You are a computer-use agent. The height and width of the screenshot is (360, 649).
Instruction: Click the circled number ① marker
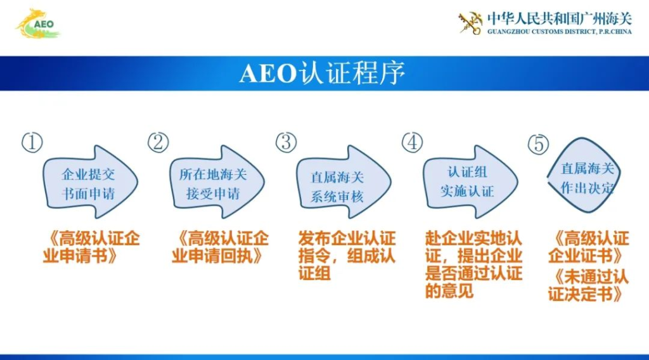click(32, 143)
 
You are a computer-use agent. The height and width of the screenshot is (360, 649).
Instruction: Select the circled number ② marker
click(158, 143)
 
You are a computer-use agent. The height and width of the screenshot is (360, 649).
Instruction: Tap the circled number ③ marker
click(286, 143)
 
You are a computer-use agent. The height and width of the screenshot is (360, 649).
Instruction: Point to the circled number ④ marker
click(412, 143)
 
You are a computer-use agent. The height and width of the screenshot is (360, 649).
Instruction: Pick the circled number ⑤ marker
click(539, 144)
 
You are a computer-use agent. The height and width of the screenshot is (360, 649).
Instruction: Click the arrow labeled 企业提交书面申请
click(90, 182)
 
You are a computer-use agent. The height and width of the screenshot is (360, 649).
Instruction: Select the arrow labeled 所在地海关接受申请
click(217, 182)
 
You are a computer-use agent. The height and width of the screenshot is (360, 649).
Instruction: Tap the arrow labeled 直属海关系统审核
click(344, 182)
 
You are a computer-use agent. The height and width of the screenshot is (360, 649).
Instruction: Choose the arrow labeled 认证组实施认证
click(470, 182)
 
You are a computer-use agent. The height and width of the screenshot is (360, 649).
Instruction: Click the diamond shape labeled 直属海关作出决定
click(584, 176)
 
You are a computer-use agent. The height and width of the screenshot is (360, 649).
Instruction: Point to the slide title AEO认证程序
click(322, 74)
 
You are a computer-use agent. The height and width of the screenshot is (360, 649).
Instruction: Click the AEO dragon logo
click(38, 24)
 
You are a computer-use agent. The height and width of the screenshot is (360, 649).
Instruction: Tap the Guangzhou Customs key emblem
click(471, 23)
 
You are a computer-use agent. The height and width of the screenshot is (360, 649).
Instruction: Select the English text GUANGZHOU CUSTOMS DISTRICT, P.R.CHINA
click(560, 32)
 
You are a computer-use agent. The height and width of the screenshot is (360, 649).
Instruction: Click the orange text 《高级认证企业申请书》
click(91, 247)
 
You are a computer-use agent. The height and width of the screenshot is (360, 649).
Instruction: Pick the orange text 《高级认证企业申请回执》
click(220, 247)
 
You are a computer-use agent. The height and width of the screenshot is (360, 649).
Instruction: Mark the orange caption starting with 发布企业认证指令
click(347, 255)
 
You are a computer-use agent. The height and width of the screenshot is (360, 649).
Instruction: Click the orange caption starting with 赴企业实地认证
click(473, 264)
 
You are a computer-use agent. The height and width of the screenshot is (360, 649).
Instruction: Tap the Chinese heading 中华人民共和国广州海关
click(560, 18)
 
